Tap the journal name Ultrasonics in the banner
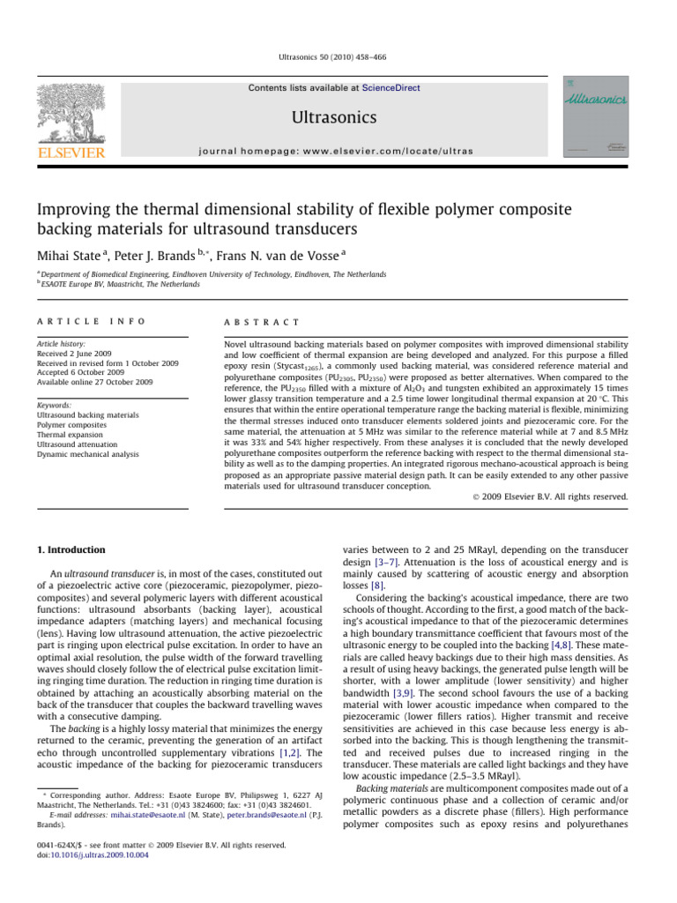pos(338,117)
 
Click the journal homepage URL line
pos(338,151)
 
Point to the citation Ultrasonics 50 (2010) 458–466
pos(338,57)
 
